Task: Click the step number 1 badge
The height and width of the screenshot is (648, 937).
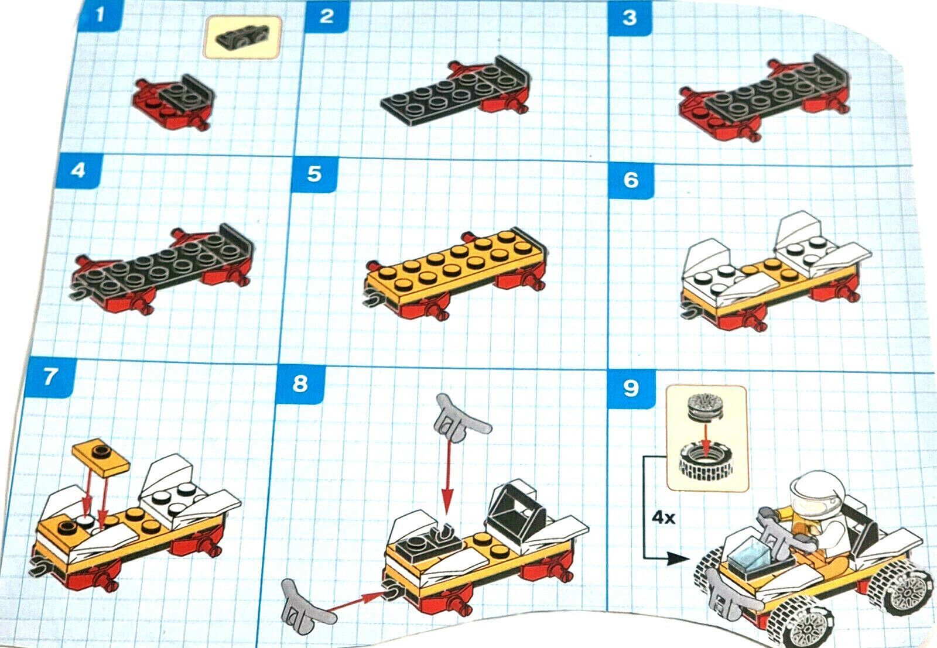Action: tap(100, 15)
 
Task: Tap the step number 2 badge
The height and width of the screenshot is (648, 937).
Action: tap(327, 17)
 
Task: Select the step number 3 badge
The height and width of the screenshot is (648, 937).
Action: tap(630, 18)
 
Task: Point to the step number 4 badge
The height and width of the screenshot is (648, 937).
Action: tap(79, 170)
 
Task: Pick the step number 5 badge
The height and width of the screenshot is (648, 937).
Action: tap(314, 174)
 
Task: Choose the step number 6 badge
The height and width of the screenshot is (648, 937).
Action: tap(631, 180)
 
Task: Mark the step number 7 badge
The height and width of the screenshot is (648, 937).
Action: tap(50, 377)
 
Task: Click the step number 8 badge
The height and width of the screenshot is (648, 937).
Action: tap(300, 383)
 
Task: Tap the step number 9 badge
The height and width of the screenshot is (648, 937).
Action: tap(631, 388)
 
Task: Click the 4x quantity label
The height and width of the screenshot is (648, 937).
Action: tap(664, 519)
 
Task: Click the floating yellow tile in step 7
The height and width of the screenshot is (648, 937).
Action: tap(101, 457)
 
